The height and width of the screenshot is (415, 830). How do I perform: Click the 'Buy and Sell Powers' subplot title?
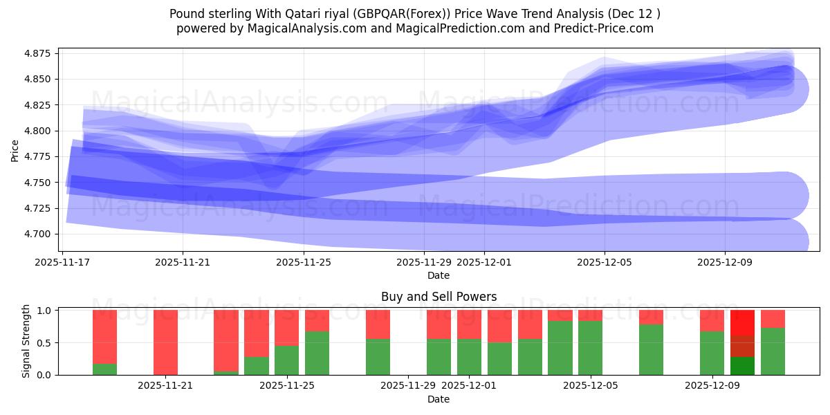(439, 297)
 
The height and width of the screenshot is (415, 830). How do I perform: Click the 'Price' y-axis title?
(15, 150)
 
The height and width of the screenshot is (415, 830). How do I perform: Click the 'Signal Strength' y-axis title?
(26, 342)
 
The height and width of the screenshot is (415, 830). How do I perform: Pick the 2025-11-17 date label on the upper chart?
(62, 262)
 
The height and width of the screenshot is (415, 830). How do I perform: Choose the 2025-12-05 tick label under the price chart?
(605, 262)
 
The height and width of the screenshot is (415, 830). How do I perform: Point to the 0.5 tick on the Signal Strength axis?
(44, 343)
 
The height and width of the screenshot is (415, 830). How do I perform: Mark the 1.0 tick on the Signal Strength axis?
(44, 311)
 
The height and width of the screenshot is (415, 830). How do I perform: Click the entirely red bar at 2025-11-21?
(166, 342)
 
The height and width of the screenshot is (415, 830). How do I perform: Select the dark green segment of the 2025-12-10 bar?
(742, 366)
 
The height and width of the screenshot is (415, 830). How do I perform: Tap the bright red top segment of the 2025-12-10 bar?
(742, 323)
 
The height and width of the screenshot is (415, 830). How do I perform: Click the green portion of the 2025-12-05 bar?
(591, 348)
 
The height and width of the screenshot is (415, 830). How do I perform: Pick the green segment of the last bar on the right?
(773, 351)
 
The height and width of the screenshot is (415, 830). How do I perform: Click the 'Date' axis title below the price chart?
(439, 275)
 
